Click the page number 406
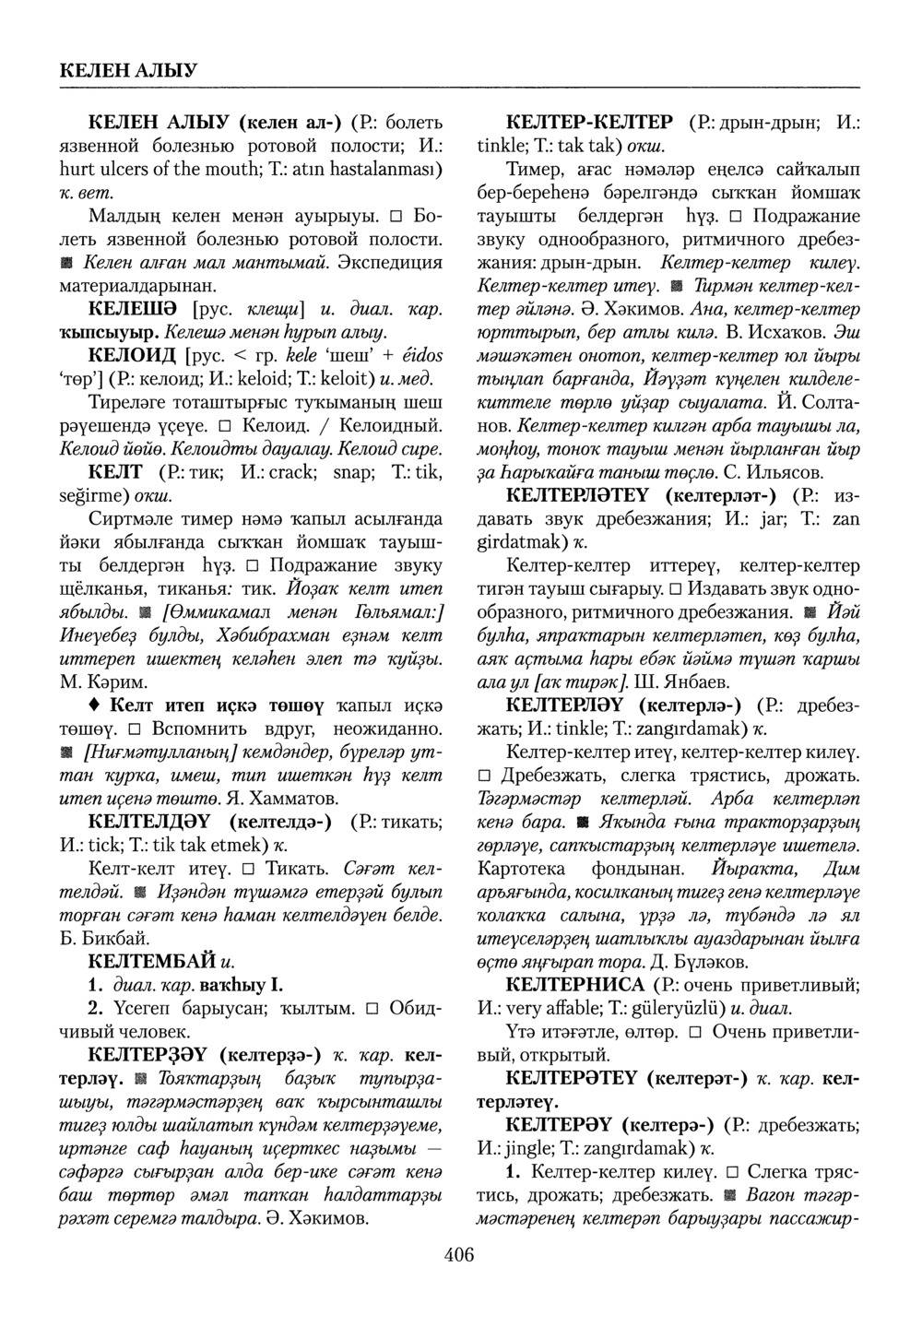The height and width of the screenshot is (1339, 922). pyautogui.click(x=458, y=1254)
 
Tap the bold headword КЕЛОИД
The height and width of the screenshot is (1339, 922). pyautogui.click(x=132, y=354)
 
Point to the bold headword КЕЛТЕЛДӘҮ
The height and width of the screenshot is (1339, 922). pyautogui.click(x=149, y=821)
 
